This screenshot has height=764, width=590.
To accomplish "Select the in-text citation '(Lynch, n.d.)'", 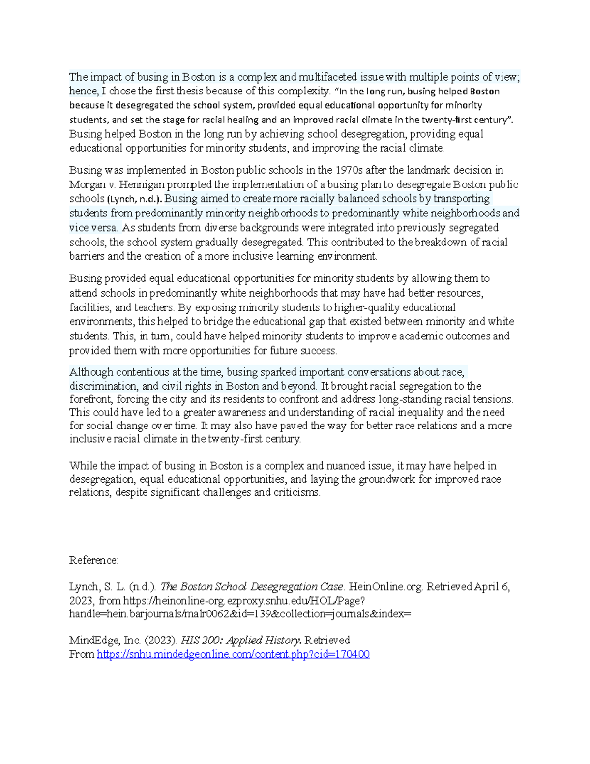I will (135, 199).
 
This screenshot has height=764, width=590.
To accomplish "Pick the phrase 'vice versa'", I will (93, 228).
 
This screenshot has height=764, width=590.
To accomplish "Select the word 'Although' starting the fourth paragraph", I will (91, 372).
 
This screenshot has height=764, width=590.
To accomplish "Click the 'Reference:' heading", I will (94, 560).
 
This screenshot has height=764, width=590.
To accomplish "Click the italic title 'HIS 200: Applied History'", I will (241, 640).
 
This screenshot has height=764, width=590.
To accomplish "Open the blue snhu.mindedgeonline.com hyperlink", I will (233, 654).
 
